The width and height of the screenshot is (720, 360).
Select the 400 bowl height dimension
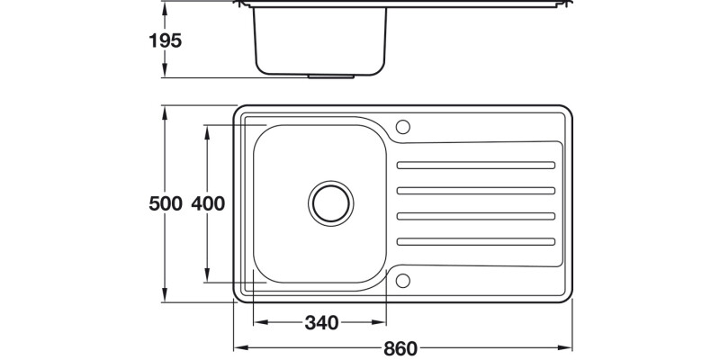click(207, 204)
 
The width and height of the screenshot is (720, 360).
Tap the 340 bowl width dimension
click(321, 322)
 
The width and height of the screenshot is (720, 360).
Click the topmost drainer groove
click(475, 166)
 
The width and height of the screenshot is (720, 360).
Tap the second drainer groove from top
click(475, 190)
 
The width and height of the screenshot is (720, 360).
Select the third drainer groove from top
click(475, 215)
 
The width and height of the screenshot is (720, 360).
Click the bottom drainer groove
click(475, 240)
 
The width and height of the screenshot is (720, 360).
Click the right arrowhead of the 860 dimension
click(569, 347)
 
